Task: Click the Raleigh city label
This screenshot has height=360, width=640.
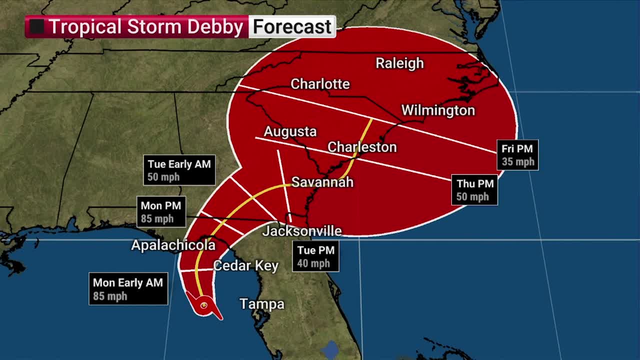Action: pos(399,63)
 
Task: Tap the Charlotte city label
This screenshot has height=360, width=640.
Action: pos(320,84)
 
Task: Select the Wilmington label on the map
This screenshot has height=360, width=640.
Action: pos(438,110)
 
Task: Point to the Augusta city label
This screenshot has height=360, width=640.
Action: pos(290,131)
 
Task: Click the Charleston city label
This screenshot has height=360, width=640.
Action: pos(362,147)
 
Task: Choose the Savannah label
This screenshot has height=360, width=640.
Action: pos(322,182)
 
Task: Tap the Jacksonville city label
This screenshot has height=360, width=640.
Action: pos(302,231)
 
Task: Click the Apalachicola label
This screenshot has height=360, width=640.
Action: pos(173,245)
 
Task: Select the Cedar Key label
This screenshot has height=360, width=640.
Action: pos(245,265)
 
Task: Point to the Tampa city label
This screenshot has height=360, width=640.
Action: pos(262,303)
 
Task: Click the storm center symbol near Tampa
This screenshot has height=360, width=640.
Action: pos(204,305)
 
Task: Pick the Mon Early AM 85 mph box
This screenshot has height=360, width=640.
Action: pos(128,289)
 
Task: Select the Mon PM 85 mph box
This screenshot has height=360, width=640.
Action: pos(161,212)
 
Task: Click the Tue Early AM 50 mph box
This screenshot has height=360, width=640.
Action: pos(179,170)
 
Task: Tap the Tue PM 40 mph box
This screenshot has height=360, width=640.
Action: pos(315,256)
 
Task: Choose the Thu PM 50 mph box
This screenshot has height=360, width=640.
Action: pos(474,190)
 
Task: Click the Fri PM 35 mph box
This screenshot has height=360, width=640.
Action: pos(517,155)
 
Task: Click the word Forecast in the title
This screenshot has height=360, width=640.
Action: pos(292,27)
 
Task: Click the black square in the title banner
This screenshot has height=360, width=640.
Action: pos(36,27)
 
